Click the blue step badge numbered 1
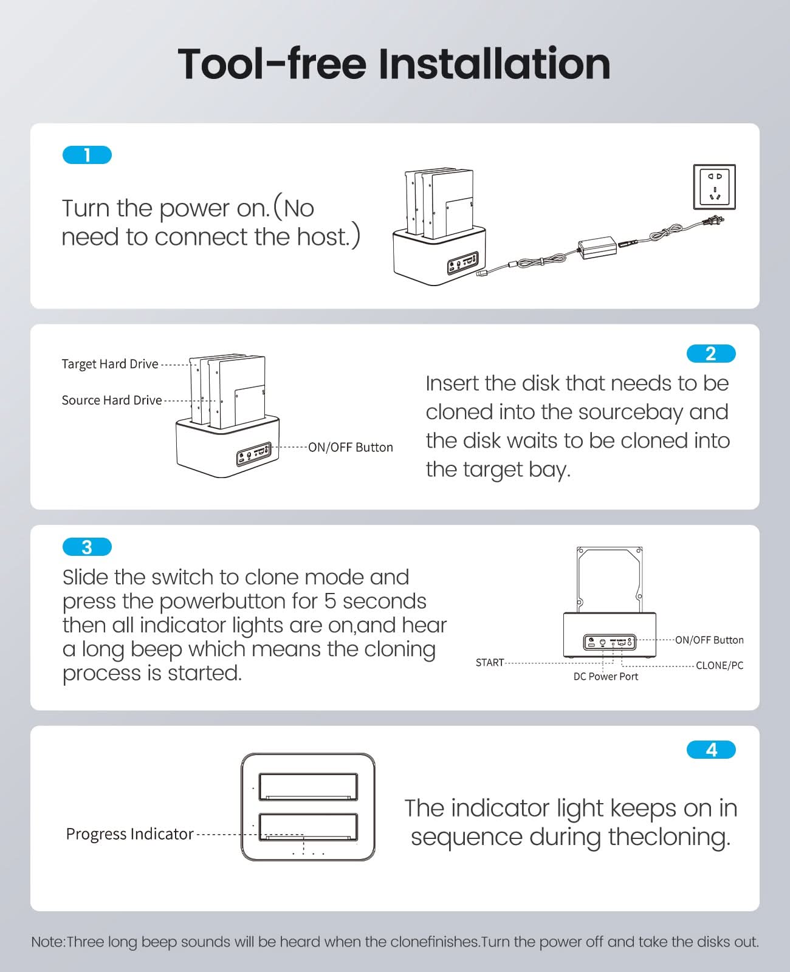pyautogui.click(x=87, y=155)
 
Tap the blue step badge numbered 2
pyautogui.click(x=711, y=354)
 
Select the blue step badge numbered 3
pyautogui.click(x=87, y=547)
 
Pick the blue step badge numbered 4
pyautogui.click(x=711, y=750)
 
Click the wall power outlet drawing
pyautogui.click(x=714, y=187)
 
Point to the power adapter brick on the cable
pyautogui.click(x=597, y=248)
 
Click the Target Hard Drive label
pyautogui.click(x=110, y=364)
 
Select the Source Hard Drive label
pyautogui.click(x=112, y=400)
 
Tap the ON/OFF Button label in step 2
pyautogui.click(x=351, y=447)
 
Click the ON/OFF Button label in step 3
pyautogui.click(x=709, y=640)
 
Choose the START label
pyautogui.click(x=490, y=662)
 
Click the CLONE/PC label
pyautogui.click(x=720, y=665)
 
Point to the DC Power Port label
pyautogui.click(x=606, y=676)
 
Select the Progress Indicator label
pyautogui.click(x=129, y=834)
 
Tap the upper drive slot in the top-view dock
pyautogui.click(x=309, y=787)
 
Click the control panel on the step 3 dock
pyautogui.click(x=610, y=642)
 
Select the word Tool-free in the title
pyautogui.click(x=272, y=64)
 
